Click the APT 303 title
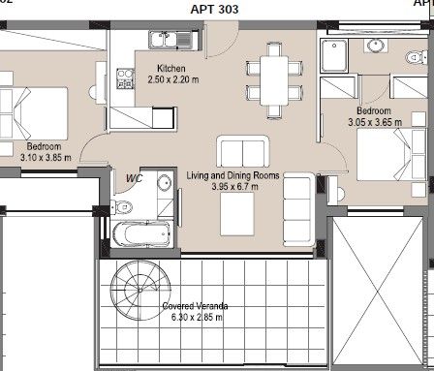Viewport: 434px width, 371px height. click(x=214, y=9)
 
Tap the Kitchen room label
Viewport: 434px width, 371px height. click(x=171, y=69)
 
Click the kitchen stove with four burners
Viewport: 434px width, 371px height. click(x=125, y=78)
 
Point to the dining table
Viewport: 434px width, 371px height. click(x=274, y=80)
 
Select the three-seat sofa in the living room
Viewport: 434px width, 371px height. click(x=298, y=209)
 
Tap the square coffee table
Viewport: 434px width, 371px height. click(x=236, y=214)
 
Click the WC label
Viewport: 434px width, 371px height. click(x=134, y=178)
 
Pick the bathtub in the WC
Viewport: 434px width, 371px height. click(x=141, y=233)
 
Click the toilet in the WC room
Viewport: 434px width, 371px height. click(x=121, y=206)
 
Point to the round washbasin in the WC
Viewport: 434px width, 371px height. click(x=165, y=183)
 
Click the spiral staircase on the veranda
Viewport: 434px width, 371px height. click(x=140, y=290)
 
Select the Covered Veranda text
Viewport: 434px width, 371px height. click(x=195, y=306)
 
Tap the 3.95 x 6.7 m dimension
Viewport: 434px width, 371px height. click(x=234, y=186)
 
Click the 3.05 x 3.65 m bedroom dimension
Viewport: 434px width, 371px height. click(x=375, y=122)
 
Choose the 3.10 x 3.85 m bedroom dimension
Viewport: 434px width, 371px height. click(x=46, y=158)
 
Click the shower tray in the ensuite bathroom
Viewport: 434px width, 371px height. click(x=334, y=55)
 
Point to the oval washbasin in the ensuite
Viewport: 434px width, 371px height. click(x=375, y=46)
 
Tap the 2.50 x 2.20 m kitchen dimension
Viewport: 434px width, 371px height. click(x=173, y=79)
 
